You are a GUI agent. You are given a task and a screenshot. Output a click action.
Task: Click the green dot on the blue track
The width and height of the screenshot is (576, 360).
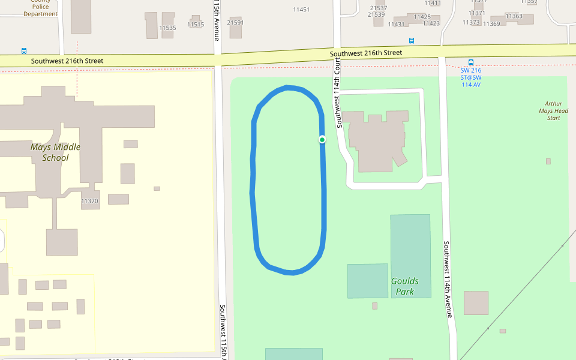(x=322, y=140)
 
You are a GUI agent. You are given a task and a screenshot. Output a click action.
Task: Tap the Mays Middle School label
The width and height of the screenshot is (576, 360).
(x=55, y=152)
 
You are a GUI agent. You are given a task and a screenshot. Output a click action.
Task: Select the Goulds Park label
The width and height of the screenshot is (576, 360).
(x=405, y=286)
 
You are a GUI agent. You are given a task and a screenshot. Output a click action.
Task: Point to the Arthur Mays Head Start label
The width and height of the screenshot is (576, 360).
(x=553, y=111)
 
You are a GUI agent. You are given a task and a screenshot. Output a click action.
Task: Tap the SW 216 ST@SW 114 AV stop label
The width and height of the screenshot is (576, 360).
(x=471, y=77)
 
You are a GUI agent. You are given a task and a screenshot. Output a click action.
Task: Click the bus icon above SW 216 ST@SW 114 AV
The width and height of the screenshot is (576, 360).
(x=471, y=62)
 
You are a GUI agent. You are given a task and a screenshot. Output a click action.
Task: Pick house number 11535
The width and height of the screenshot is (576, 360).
(x=167, y=28)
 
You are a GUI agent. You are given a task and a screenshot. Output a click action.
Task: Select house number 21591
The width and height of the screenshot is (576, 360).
(x=235, y=23)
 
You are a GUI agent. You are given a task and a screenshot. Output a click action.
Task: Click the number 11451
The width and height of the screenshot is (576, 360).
(x=301, y=10)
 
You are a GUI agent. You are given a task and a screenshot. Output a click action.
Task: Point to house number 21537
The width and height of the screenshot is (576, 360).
(x=379, y=8)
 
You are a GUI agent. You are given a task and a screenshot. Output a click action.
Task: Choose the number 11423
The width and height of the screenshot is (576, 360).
(x=431, y=23)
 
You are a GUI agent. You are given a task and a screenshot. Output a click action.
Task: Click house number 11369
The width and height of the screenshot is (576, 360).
(x=491, y=24)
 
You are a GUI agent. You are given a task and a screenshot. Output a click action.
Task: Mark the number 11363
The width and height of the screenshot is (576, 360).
(x=514, y=16)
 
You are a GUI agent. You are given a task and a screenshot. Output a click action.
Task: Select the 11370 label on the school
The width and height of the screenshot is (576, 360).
(x=89, y=201)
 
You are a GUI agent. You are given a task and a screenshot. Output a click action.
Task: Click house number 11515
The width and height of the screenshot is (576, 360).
(x=196, y=25)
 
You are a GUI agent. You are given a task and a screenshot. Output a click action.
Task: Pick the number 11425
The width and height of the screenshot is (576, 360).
(x=422, y=17)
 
